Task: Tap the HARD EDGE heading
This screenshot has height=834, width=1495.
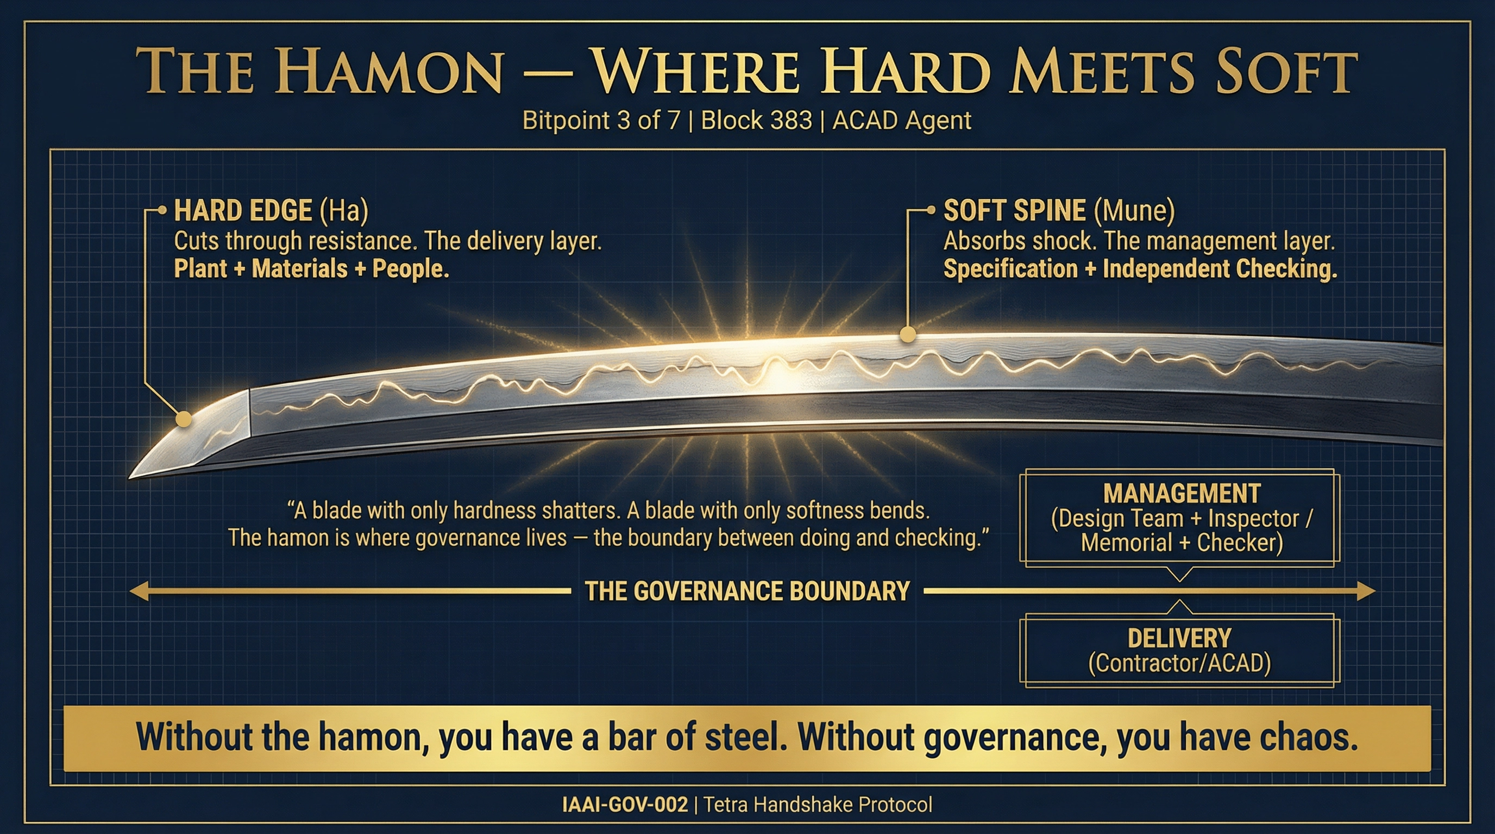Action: click(x=243, y=210)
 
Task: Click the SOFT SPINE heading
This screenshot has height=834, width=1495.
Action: click(x=1014, y=210)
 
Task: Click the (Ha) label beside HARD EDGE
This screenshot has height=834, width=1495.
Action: click(x=344, y=210)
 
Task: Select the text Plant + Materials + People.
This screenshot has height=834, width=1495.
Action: click(x=312, y=269)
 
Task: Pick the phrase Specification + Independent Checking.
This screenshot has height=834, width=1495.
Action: click(x=1140, y=269)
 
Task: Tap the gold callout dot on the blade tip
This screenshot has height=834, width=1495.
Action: click(x=184, y=419)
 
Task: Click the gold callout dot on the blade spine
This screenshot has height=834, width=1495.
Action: click(x=908, y=334)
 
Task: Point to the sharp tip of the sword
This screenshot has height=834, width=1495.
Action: click(x=131, y=477)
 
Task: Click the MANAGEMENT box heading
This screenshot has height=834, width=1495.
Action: click(x=1182, y=494)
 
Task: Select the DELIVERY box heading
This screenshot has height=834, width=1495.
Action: click(x=1179, y=638)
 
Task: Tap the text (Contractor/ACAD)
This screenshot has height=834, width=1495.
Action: click(x=1179, y=663)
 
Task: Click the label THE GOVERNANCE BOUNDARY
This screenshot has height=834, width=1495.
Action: click(x=747, y=591)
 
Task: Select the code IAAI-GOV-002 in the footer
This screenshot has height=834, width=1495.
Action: click(x=625, y=805)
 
